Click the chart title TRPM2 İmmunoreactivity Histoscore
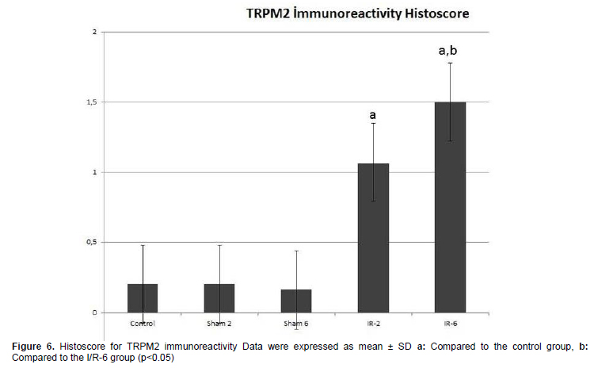[x=358, y=13]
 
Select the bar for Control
[x=143, y=298]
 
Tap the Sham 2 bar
[x=219, y=298]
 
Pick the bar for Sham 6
[x=296, y=301]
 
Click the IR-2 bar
[x=373, y=238]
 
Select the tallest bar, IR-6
[x=450, y=207]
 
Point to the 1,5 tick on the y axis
[x=92, y=102]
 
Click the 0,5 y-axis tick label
[x=92, y=243]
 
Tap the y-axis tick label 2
[x=95, y=32]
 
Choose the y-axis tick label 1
[x=95, y=172]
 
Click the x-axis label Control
[x=143, y=324]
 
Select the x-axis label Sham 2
[x=219, y=324]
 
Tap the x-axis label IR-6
[x=451, y=324]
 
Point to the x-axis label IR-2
[x=374, y=324]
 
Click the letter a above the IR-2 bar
[x=373, y=115]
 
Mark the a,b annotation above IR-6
[x=447, y=51]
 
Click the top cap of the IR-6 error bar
[x=450, y=63]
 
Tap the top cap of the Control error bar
[x=143, y=245]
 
